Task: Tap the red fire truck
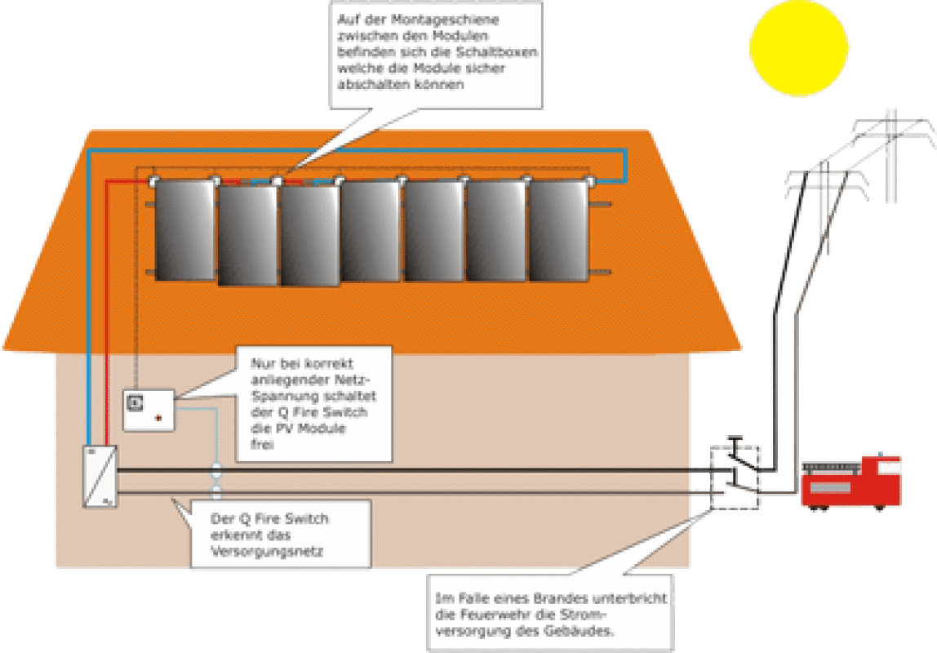(850, 486)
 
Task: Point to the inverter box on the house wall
(100, 475)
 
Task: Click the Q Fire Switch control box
(149, 409)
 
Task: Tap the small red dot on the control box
(158, 417)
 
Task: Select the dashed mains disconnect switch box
(735, 478)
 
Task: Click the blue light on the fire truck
(881, 454)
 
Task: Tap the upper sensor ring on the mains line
(216, 471)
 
